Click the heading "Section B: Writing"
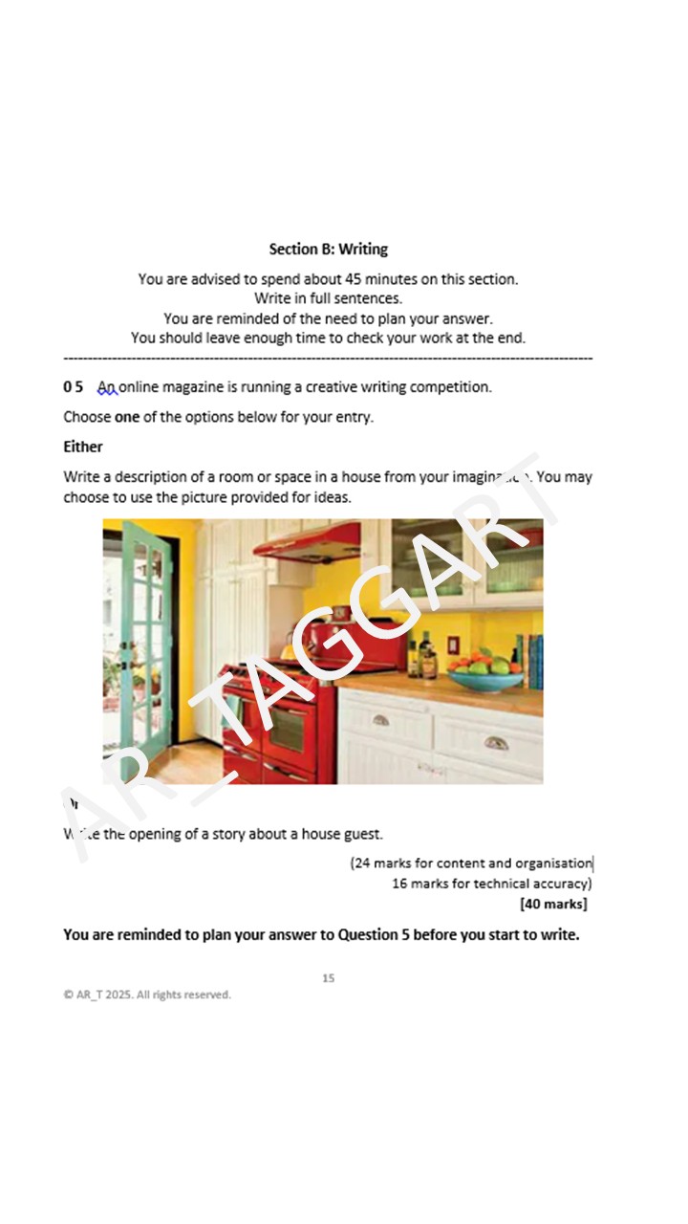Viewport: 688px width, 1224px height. [x=328, y=250]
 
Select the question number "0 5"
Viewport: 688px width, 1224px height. [x=74, y=387]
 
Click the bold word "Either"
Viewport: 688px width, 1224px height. [x=83, y=447]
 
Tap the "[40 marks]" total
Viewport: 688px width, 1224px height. [x=553, y=904]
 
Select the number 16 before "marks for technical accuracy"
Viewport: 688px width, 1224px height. [x=399, y=884]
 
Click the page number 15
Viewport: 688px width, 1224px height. [x=328, y=978]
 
